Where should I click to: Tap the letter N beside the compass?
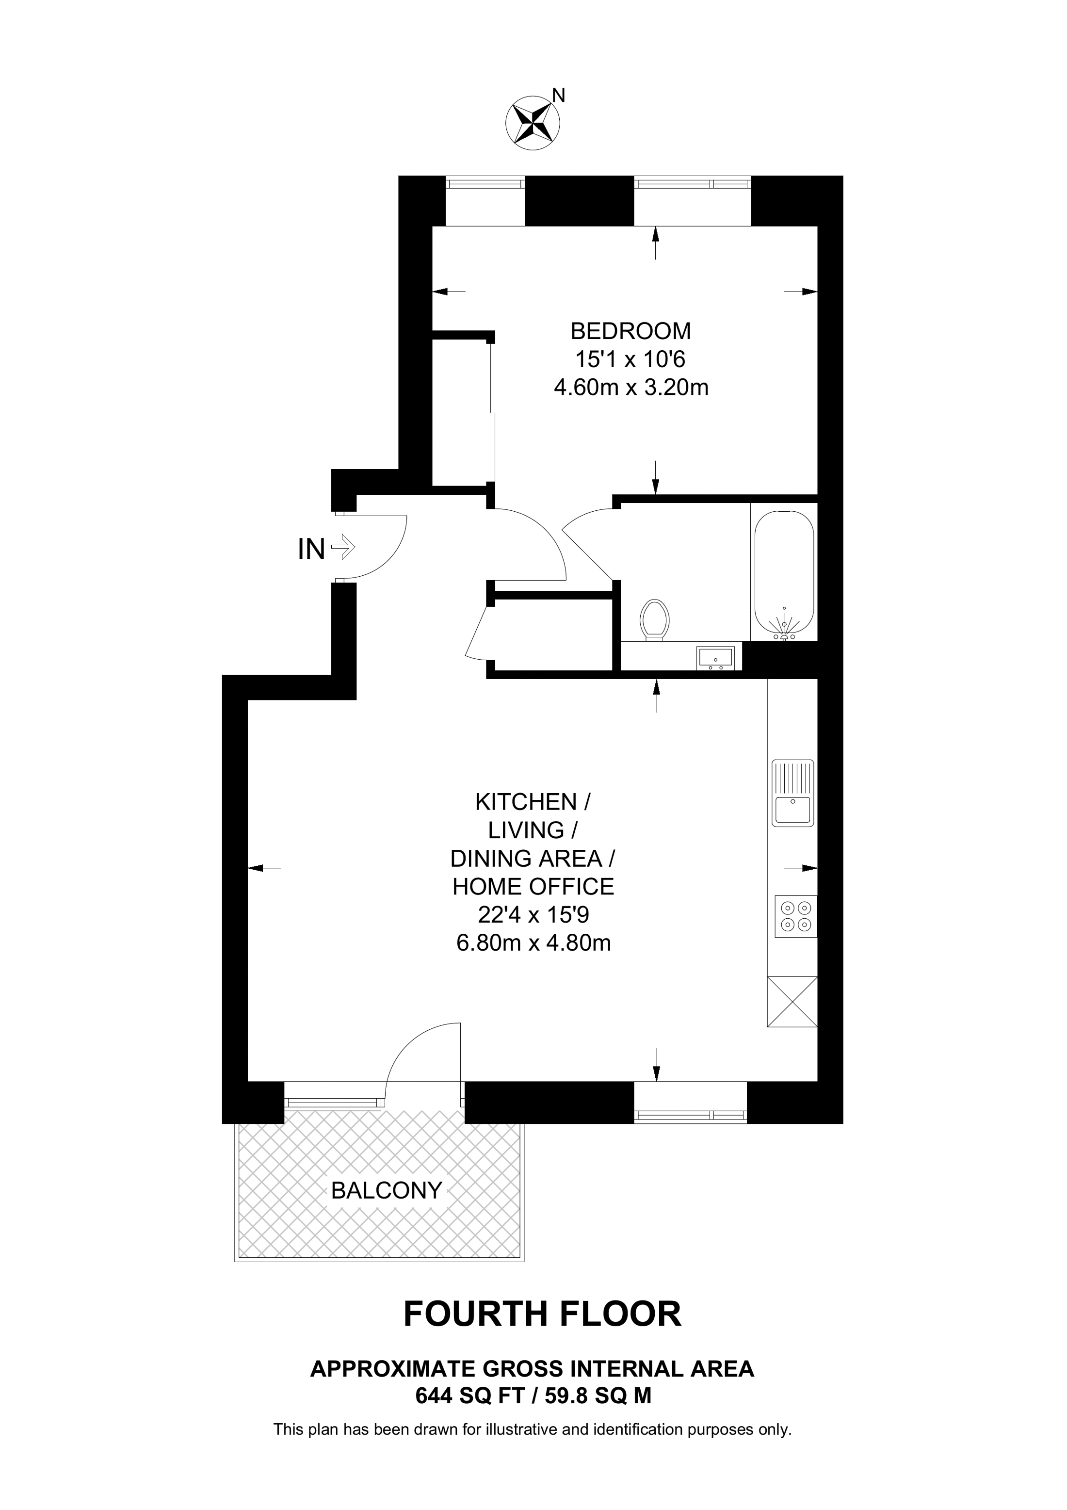click(558, 96)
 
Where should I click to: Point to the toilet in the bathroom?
click(655, 618)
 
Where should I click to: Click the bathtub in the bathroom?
click(784, 573)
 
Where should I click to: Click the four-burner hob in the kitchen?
click(795, 916)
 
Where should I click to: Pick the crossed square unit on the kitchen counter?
click(792, 1002)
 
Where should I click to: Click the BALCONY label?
click(386, 1190)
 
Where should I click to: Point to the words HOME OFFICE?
click(533, 887)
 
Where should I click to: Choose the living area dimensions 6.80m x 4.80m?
click(533, 943)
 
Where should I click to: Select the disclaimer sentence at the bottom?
click(533, 1429)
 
